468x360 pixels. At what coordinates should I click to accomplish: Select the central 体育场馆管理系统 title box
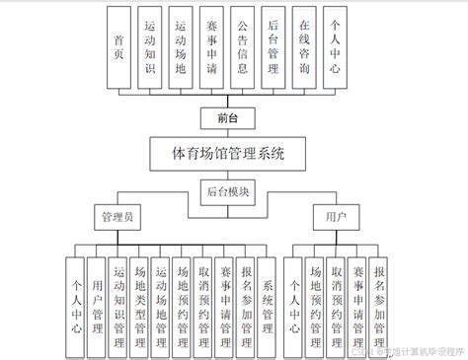pyautogui.click(x=228, y=154)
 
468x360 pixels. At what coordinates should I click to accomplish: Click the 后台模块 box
pyautogui.click(x=228, y=191)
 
